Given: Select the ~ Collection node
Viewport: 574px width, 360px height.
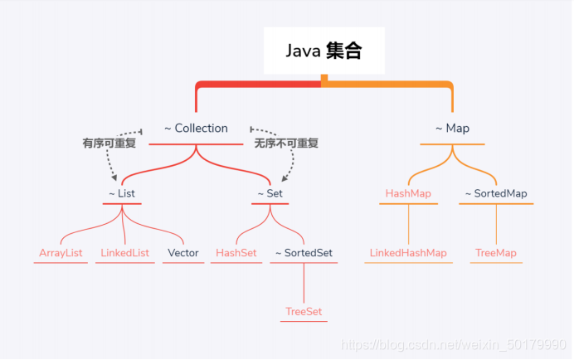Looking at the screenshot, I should click(196, 129).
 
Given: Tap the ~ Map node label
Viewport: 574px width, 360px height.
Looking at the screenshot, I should click(452, 129).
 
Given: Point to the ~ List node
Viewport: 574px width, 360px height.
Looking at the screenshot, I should click(121, 194).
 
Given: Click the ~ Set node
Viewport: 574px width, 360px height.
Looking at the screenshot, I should click(270, 194).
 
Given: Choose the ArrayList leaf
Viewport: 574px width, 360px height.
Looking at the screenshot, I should click(61, 253).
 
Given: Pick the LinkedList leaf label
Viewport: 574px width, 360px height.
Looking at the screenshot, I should click(124, 253).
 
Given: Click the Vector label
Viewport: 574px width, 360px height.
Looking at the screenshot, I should click(182, 253).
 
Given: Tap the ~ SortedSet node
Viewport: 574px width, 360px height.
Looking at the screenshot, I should click(303, 253).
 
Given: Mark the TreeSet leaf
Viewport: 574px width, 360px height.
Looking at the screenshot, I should click(303, 312).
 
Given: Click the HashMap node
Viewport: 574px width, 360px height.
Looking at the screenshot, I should click(408, 194).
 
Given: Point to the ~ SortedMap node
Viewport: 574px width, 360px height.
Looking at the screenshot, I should click(496, 194).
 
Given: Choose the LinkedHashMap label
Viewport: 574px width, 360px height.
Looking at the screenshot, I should click(408, 253).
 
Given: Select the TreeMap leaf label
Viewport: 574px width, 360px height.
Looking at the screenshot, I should click(496, 253).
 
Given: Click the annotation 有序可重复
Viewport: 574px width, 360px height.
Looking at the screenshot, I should click(109, 144).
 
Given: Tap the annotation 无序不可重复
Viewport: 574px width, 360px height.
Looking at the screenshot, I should click(286, 144).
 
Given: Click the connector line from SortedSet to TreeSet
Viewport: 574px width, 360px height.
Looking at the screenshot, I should click(303, 284).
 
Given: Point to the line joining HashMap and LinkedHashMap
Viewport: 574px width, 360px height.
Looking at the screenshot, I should click(408, 224).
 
